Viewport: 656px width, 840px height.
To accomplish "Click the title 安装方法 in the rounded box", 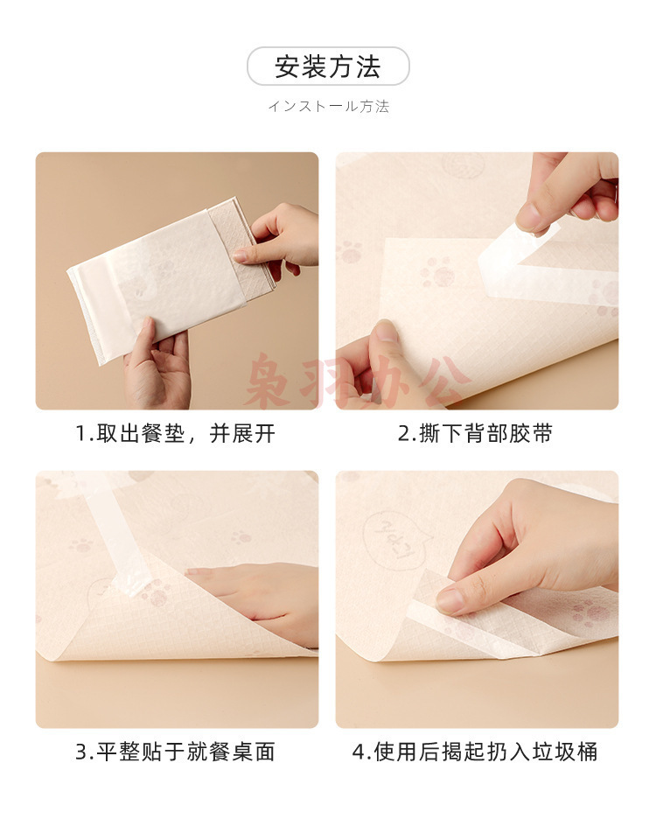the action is tap(328, 67).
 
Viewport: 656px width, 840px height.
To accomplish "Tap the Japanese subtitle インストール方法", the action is tap(328, 106).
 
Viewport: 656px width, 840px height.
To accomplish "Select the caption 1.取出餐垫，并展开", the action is tap(175, 433).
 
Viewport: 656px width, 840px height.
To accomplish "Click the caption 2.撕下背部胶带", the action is tap(475, 433).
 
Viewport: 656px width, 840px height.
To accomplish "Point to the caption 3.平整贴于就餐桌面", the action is tap(175, 752).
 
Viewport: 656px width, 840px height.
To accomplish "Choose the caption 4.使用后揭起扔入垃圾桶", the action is tap(475, 752).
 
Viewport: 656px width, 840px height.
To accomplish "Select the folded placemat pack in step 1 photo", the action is tap(171, 278).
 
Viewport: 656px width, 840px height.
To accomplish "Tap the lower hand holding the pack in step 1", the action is tap(157, 364).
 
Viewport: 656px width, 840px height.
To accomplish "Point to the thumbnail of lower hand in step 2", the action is tap(386, 332).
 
